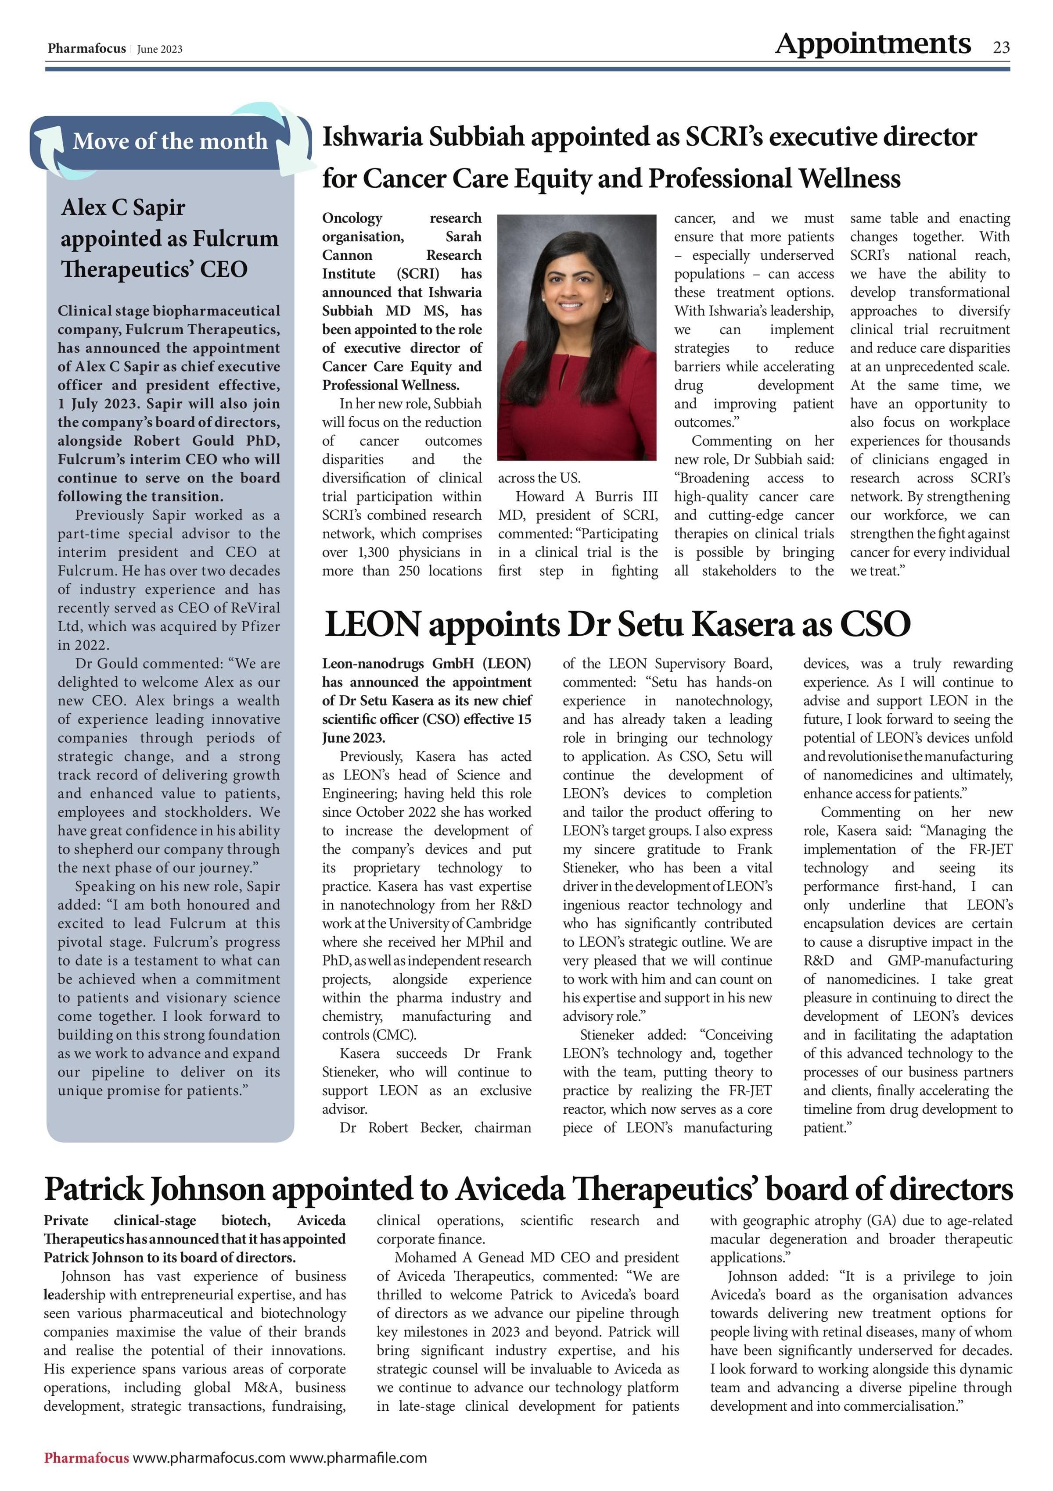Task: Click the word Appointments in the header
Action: pyautogui.click(x=873, y=44)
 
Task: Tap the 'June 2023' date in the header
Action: pyautogui.click(x=160, y=50)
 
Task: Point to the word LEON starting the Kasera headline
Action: pyautogui.click(x=372, y=624)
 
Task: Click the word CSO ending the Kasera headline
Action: pyautogui.click(x=874, y=624)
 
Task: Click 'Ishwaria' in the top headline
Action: pyautogui.click(x=372, y=137)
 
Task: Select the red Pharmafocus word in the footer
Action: pyautogui.click(x=86, y=1458)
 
